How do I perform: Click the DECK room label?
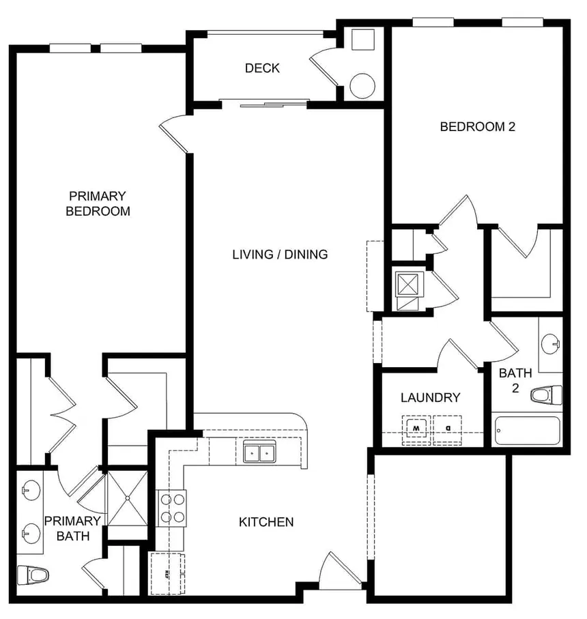pyautogui.click(x=262, y=68)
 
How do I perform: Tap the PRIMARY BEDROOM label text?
pyautogui.click(x=98, y=203)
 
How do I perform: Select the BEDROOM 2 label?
pyautogui.click(x=476, y=126)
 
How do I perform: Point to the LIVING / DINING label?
pyautogui.click(x=280, y=255)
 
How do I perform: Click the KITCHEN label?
pyautogui.click(x=266, y=522)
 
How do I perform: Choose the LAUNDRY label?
pyautogui.click(x=430, y=398)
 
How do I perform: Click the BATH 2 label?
pyautogui.click(x=515, y=380)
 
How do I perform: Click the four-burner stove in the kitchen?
pyautogui.click(x=173, y=508)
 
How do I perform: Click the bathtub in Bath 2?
pyautogui.click(x=526, y=431)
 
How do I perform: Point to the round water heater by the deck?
pyautogui.click(x=362, y=85)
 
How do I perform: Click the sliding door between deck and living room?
pyautogui.click(x=265, y=104)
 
